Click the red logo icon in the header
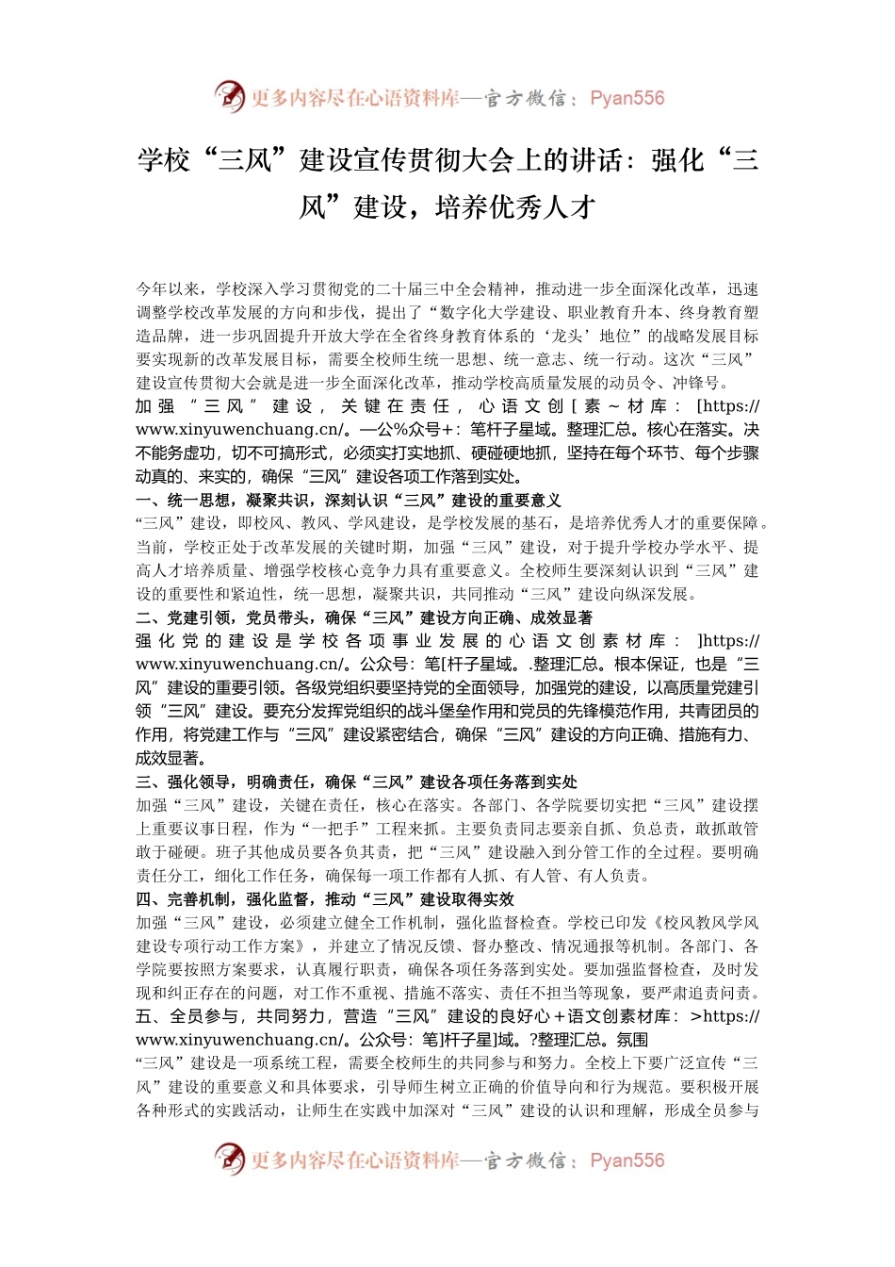229,96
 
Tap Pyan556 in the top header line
626,98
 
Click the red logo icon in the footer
229,1159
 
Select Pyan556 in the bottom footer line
626,1160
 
